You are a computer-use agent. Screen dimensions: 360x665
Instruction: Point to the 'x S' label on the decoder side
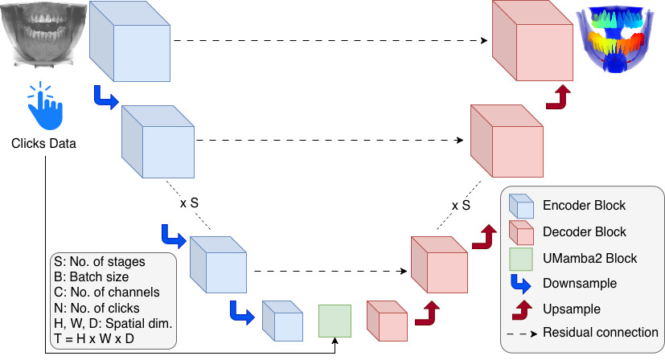[x=461, y=205]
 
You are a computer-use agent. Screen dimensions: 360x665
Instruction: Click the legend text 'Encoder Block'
[x=585, y=206]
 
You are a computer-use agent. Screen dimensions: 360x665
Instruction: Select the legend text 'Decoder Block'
[x=585, y=231]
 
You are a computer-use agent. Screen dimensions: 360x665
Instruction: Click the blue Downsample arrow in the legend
[x=520, y=283]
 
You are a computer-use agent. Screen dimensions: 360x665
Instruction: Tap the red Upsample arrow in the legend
[x=520, y=309]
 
